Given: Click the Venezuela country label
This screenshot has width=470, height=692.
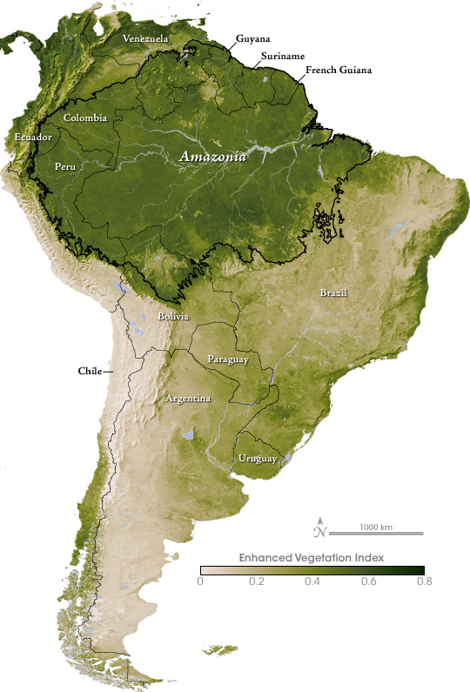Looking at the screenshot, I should point(145,39).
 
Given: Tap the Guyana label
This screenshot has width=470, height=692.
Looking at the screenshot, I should point(252,39).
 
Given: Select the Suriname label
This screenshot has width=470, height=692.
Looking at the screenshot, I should point(281,56).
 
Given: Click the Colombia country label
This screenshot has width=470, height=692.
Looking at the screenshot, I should point(85,118).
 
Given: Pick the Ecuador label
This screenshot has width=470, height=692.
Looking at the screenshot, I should point(33,138).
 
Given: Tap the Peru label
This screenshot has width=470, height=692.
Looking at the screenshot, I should point(65,165).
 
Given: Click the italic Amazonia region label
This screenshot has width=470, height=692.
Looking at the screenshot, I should point(213,158).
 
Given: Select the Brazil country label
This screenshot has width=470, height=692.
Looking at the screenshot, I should point(332,292).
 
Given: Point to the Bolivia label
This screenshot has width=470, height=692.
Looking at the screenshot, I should point(175,317).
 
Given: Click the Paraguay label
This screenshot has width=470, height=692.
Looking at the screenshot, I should point(228,359).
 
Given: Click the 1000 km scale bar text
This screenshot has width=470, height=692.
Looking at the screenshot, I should point(376,527).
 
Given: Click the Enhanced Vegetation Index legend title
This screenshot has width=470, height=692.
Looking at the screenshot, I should point(312,555).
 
